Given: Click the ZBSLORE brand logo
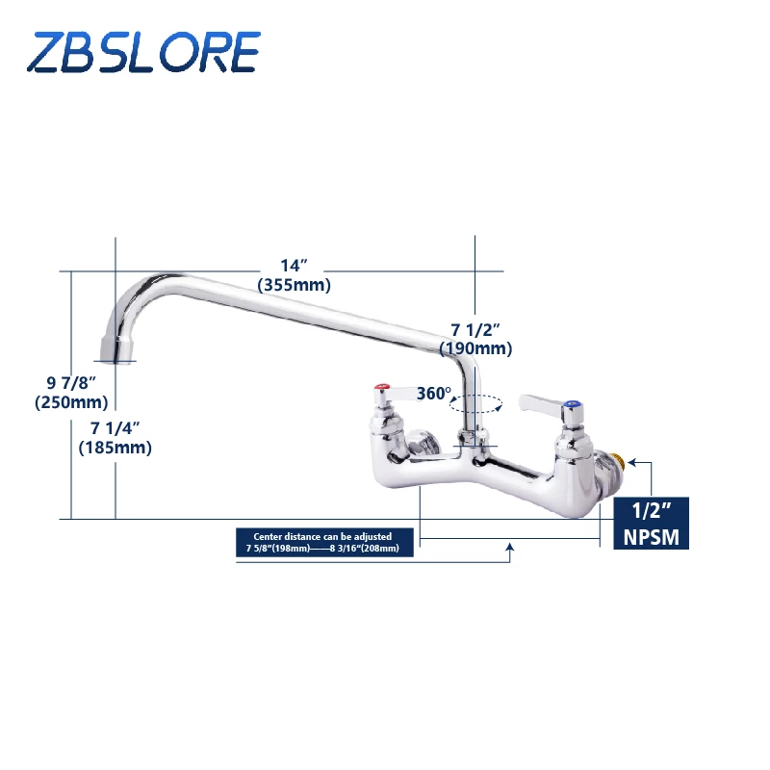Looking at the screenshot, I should (x=143, y=52).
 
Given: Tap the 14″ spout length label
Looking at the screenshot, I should (x=294, y=266).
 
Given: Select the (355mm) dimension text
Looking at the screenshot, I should (x=294, y=285).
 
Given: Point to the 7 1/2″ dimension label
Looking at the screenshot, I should (x=475, y=329).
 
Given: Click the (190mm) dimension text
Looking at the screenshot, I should (x=475, y=348).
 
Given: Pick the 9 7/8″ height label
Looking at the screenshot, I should (x=71, y=383).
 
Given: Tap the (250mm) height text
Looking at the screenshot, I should (x=71, y=402).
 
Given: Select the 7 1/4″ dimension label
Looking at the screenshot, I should (x=115, y=427).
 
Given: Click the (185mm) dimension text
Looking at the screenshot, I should (x=115, y=447).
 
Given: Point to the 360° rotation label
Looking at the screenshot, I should (x=434, y=394).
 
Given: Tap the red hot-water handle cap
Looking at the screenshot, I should (x=383, y=391).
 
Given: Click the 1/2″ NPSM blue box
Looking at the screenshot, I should (x=652, y=524).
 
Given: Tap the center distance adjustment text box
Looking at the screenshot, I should (x=325, y=542).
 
